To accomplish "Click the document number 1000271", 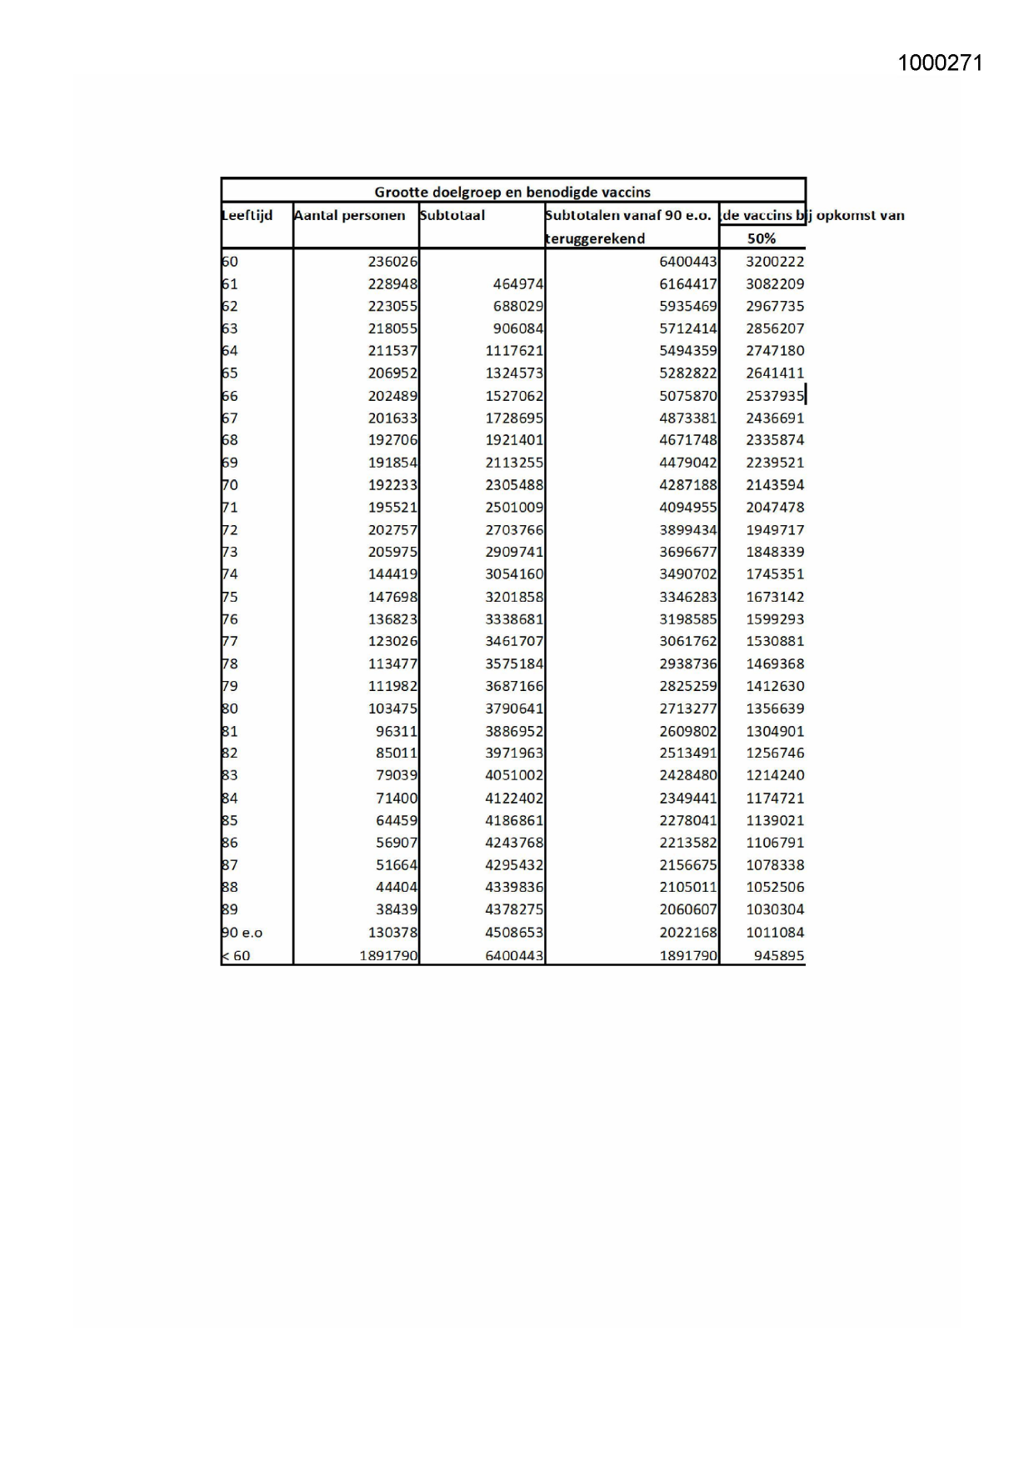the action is (x=940, y=63).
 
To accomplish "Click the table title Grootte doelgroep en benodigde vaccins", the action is (x=512, y=192).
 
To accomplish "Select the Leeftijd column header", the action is (x=247, y=215).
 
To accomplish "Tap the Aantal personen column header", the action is (x=350, y=215).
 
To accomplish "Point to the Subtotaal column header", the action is (x=452, y=215).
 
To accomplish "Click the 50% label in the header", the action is (x=762, y=238).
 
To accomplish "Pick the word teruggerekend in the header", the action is (x=596, y=238).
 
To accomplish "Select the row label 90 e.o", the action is (x=242, y=933).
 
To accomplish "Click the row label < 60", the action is (x=236, y=955).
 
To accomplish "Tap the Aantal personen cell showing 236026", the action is (x=392, y=262).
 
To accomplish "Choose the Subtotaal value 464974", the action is (x=517, y=284).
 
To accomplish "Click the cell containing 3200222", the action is (x=775, y=262).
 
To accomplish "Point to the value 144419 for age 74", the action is (x=392, y=574).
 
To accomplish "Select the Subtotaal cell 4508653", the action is (x=514, y=933).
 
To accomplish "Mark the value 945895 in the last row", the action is (x=779, y=955).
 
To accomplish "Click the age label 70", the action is (x=230, y=485).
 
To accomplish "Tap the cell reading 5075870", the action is (x=687, y=396).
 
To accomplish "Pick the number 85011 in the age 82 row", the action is (x=397, y=753).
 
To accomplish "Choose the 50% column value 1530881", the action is (x=775, y=641).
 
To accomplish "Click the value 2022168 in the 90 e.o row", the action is (x=687, y=933).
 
